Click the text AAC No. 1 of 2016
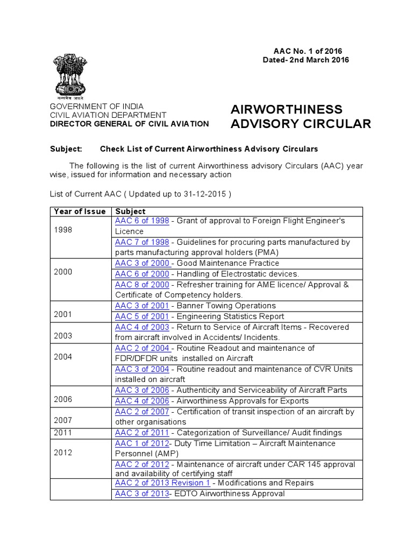(x=304, y=51)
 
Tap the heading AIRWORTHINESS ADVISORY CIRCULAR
(x=301, y=117)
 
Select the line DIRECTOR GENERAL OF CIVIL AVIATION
(x=130, y=124)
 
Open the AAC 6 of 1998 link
(x=142, y=221)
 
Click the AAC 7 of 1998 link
(x=142, y=242)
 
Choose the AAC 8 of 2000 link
(x=142, y=285)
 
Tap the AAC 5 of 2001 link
(x=142, y=316)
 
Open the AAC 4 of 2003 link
(x=142, y=327)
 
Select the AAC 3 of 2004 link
(x=142, y=369)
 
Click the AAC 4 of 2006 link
(x=142, y=401)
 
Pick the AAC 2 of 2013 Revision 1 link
(x=162, y=483)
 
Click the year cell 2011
(x=62, y=433)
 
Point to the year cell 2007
(x=62, y=420)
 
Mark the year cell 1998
(x=62, y=230)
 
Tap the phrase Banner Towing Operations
(x=226, y=306)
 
